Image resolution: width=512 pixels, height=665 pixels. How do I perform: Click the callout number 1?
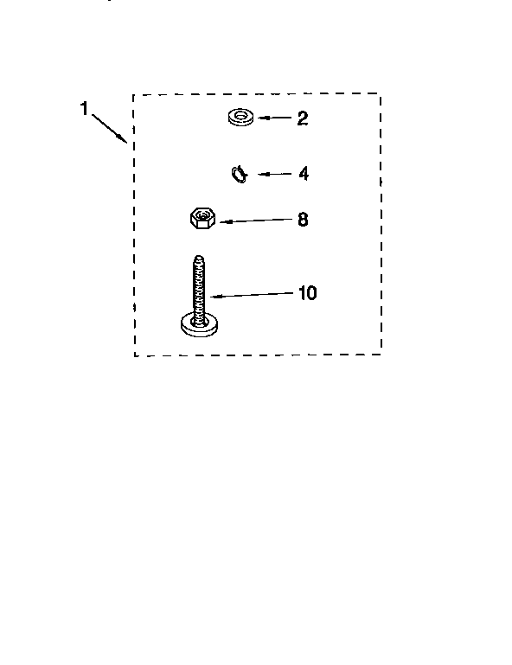pyautogui.click(x=84, y=109)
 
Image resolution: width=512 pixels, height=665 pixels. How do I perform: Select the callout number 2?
pyautogui.click(x=302, y=118)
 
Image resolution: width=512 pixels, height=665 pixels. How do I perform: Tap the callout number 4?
pyautogui.click(x=304, y=174)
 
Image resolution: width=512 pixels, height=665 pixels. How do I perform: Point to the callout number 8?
pyautogui.click(x=303, y=220)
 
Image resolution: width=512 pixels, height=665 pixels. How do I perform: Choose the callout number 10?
pyautogui.click(x=308, y=293)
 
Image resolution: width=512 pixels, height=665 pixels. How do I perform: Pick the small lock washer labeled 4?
pyautogui.click(x=240, y=174)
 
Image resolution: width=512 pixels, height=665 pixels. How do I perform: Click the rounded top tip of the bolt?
pyautogui.click(x=199, y=257)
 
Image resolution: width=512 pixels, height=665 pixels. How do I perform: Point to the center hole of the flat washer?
pyautogui.click(x=241, y=114)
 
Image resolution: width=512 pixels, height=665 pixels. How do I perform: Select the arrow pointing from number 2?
pyautogui.click(x=275, y=118)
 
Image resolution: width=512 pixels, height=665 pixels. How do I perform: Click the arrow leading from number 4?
pyautogui.click(x=275, y=174)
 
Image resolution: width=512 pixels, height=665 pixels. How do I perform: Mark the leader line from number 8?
pyautogui.click(x=256, y=221)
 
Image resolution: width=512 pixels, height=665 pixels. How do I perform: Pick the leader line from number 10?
pyautogui.click(x=252, y=295)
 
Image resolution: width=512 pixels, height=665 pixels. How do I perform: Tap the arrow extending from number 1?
pyautogui.click(x=110, y=128)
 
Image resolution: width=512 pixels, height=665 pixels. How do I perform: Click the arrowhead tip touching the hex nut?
pyautogui.click(x=221, y=221)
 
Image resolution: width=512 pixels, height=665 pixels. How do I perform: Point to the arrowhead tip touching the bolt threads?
pyautogui.click(x=211, y=297)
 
